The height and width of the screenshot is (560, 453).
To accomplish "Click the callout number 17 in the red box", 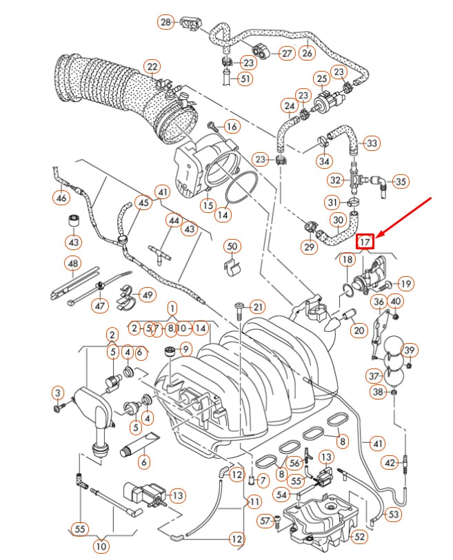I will coord(365,241).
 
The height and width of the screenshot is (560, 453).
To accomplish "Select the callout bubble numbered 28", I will coord(165,23).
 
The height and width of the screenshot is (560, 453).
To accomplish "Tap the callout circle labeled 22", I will coord(152,67).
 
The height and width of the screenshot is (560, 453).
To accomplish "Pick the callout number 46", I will coord(61,198).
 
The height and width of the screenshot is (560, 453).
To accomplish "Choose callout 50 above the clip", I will coord(232,246).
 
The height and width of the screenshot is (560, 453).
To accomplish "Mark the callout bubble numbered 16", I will coord(232,127).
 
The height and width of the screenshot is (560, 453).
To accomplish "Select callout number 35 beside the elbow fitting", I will coord(401,181).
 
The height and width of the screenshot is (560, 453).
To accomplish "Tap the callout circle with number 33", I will coord(372,143).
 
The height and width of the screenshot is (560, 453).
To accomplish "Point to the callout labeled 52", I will coord(360,535).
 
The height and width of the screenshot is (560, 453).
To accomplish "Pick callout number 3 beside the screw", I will coord(57,393).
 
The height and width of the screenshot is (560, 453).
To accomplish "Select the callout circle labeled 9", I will coord(185,350).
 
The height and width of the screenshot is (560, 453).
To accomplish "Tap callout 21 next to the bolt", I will coord(257,307).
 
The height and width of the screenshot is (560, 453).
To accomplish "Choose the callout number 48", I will coord(72,263).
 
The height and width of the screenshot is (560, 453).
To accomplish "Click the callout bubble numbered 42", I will coord(390,463).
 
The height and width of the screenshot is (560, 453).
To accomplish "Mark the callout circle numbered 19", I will coord(405,282).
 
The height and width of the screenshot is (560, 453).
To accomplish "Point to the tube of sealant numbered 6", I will coord(141,446).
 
